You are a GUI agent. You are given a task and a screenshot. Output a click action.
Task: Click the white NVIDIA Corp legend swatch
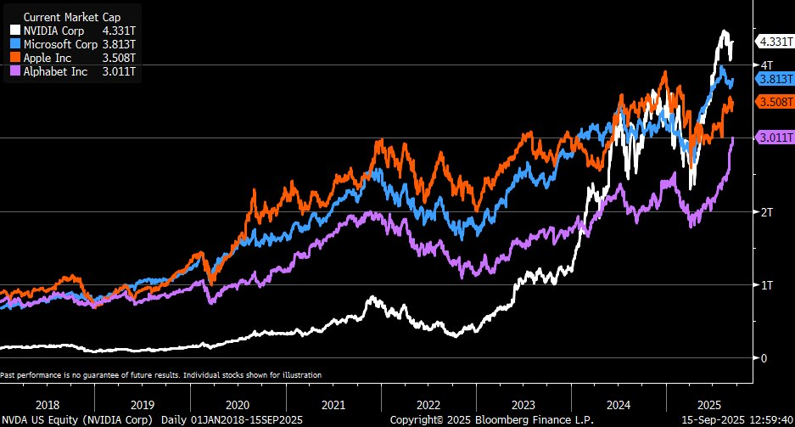14,30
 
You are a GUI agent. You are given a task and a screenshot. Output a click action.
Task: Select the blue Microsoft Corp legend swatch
14,43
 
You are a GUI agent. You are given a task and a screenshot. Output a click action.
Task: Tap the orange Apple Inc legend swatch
14,58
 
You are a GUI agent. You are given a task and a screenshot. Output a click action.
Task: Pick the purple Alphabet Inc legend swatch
14,71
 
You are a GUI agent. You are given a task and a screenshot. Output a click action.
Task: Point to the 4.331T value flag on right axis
775,41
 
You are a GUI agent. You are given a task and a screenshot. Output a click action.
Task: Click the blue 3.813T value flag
775,78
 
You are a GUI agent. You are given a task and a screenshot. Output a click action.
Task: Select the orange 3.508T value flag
775,102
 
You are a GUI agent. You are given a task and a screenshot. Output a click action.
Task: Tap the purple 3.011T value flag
775,138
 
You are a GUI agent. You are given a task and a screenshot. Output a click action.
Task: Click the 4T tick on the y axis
766,65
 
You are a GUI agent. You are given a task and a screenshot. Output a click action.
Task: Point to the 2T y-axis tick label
766,212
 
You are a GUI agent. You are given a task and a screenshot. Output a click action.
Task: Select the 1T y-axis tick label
766,285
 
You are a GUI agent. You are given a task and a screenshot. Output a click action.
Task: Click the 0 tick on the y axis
764,358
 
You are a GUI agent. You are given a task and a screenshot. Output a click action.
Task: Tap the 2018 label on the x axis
48,405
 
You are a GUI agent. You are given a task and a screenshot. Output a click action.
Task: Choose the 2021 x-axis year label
333,405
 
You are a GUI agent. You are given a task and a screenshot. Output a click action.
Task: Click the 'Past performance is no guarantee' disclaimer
161,374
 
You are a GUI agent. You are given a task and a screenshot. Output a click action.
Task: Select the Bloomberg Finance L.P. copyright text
492,420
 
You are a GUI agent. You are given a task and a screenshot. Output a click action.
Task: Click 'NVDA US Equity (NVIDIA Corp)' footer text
77,420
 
